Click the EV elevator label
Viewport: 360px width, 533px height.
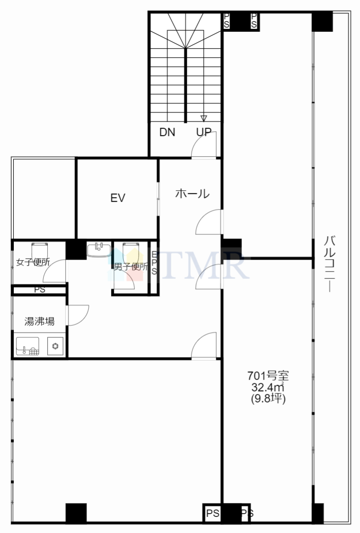click(118, 198)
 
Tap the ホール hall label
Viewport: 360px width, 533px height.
click(192, 193)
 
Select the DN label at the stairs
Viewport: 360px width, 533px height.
click(167, 132)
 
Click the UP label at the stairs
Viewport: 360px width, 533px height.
click(204, 132)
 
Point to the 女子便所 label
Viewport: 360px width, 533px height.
click(33, 262)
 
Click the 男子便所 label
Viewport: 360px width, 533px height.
click(131, 267)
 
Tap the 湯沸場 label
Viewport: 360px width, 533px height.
click(39, 321)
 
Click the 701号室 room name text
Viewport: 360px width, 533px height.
click(268, 376)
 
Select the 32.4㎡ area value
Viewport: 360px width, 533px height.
click(267, 387)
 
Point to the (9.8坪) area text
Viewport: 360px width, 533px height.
click(268, 398)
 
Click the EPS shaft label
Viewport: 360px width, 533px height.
click(154, 263)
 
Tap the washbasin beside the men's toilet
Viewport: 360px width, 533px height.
click(99, 249)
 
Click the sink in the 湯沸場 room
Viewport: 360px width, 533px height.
click(28, 346)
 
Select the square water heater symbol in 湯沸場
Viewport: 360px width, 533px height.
click(56, 346)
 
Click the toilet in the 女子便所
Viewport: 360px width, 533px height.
click(39, 252)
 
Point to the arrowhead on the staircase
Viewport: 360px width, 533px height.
click(204, 118)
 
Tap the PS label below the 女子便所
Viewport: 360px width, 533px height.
click(40, 290)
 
